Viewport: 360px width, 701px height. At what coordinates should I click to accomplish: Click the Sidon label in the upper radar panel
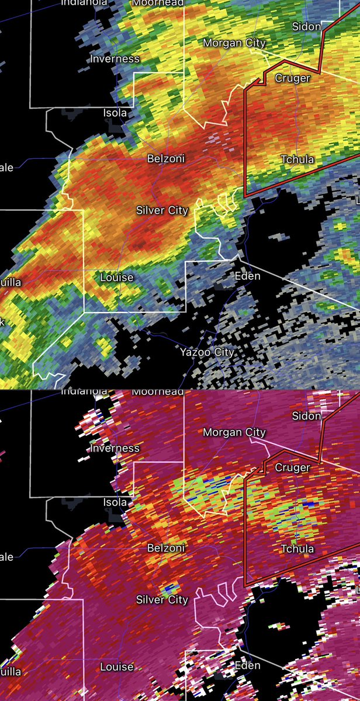point(307,26)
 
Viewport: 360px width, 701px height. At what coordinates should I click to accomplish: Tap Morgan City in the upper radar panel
point(234,43)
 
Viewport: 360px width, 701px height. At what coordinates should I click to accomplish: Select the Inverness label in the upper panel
point(115,58)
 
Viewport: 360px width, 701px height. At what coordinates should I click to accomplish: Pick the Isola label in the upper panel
point(115,112)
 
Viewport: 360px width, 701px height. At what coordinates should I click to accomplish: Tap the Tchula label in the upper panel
point(297,159)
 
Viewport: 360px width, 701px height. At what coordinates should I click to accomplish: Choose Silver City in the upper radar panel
point(162,210)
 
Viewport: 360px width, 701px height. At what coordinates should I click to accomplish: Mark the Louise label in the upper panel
point(117,277)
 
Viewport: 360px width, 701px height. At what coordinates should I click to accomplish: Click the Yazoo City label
point(207,352)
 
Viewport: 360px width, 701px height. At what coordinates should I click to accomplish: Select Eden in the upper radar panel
point(247,276)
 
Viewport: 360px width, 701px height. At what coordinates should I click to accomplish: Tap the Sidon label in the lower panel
point(307,416)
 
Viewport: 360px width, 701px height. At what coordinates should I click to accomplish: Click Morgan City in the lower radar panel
point(234,432)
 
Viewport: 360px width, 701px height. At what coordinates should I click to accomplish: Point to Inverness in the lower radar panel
point(115,448)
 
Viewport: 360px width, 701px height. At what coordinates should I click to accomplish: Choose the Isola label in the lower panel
point(115,502)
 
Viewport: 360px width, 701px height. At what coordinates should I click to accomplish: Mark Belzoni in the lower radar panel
point(167,548)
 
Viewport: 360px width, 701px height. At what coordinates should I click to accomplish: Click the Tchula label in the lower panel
point(297,549)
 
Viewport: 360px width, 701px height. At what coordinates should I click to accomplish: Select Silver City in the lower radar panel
point(162,599)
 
